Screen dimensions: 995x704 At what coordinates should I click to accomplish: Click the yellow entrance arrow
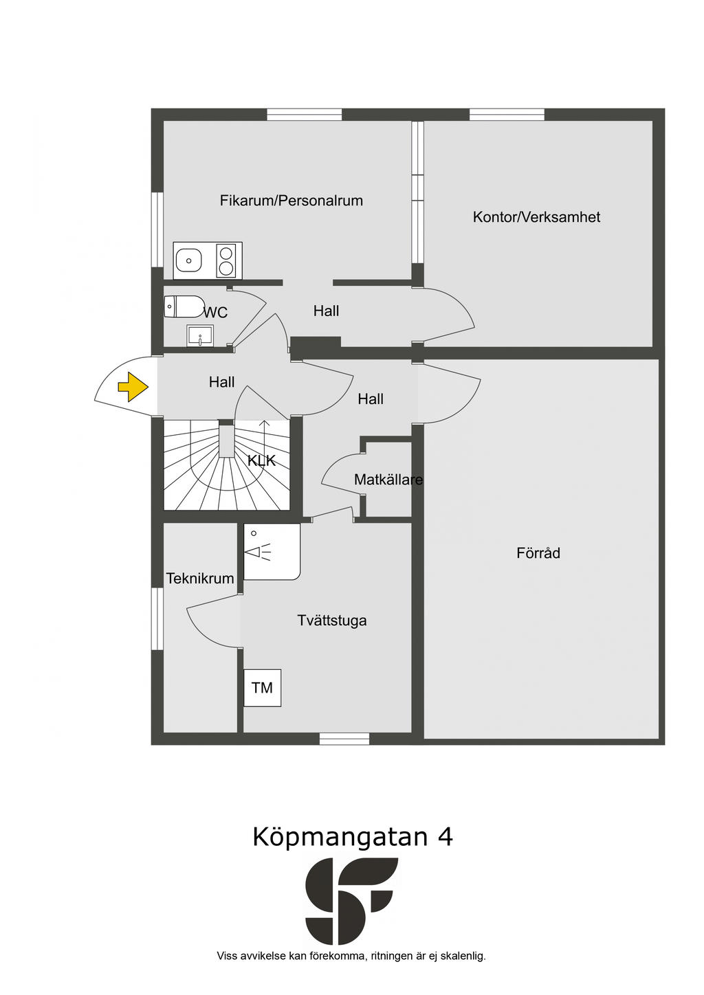coord(133,387)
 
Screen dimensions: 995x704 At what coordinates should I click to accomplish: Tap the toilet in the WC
coord(184,306)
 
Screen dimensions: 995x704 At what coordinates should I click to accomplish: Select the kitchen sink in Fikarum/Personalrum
coord(188,260)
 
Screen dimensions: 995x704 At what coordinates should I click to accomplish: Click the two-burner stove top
coord(225,260)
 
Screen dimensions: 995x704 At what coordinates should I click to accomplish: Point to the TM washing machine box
coord(262,688)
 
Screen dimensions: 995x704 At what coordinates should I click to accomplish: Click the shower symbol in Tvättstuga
coord(258,551)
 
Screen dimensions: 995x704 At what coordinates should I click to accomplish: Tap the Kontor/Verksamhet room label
coord(536,217)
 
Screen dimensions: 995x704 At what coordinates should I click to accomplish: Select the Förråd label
coord(538,553)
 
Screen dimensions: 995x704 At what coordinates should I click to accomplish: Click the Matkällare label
coord(388,480)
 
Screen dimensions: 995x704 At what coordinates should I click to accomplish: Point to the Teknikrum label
coord(200,579)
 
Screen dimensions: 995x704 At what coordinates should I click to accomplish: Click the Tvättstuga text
coord(331,621)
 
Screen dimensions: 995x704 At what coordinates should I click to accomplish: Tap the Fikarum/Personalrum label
coord(291,201)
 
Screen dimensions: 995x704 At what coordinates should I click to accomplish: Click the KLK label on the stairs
coord(261,460)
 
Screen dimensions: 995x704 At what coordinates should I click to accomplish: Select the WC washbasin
coord(200,336)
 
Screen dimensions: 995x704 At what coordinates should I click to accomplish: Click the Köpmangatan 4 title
coord(352,837)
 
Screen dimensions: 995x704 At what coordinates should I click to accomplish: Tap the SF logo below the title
coord(351,900)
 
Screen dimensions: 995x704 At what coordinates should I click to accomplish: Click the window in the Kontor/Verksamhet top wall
coord(507,115)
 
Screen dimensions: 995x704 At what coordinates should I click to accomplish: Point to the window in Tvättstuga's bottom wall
coord(344,739)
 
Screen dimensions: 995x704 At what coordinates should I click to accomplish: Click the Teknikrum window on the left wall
coord(157,618)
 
